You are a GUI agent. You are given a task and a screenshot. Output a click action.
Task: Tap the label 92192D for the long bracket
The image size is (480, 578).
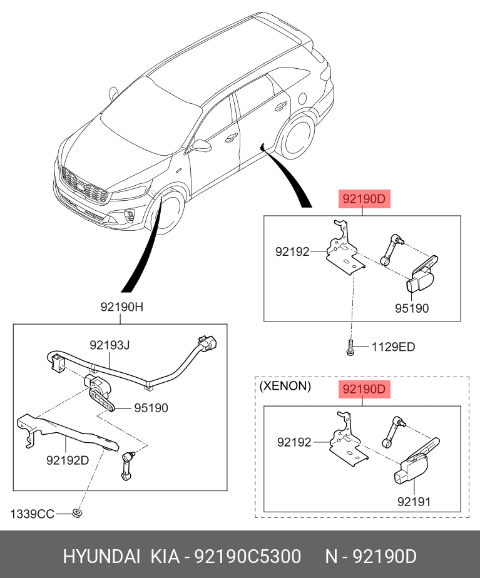[x=68, y=460]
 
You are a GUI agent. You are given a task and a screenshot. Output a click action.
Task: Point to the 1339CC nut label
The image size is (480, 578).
[x=32, y=514]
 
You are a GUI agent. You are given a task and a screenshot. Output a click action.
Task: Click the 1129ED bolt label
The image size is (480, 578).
[x=393, y=347]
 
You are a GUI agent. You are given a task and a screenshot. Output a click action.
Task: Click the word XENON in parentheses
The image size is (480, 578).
[x=285, y=386]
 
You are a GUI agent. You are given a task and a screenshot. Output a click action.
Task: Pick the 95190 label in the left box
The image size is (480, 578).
[x=150, y=408]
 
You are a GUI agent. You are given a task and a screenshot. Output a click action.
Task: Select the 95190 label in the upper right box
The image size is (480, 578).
[x=412, y=308]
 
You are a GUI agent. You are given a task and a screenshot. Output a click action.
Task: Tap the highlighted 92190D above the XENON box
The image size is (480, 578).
[x=364, y=389]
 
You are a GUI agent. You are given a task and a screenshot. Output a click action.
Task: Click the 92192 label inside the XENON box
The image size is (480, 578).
[x=294, y=442]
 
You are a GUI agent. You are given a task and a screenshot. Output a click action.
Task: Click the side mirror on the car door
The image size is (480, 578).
[x=202, y=146]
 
